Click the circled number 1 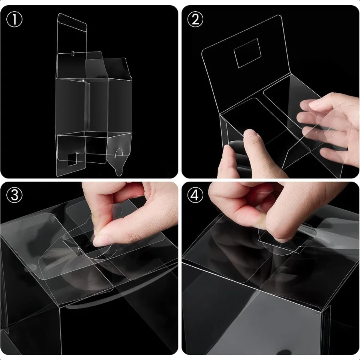14,19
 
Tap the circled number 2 195,19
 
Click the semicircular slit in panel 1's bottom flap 119,152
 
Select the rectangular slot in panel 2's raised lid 247,53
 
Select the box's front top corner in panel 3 59,307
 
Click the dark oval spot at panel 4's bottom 284,352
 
